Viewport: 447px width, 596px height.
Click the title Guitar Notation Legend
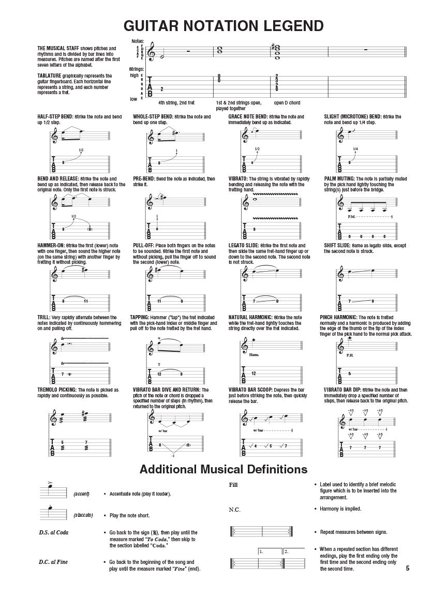point(224,26)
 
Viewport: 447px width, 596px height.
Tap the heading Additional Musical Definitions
point(224,469)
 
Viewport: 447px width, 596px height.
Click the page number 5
point(408,568)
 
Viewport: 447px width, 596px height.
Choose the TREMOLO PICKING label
point(57,390)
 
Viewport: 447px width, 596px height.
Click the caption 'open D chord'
point(287,103)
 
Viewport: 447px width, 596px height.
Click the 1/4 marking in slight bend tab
point(355,150)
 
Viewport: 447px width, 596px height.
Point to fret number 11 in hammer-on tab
point(86,301)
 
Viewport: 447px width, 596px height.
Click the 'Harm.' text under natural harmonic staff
point(253,355)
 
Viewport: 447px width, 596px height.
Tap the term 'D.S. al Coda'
point(53,532)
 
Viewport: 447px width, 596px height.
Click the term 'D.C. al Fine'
point(53,562)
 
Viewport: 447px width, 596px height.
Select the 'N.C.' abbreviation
point(234,510)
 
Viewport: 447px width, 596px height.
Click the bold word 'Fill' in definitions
point(233,485)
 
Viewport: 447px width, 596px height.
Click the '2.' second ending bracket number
point(287,552)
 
